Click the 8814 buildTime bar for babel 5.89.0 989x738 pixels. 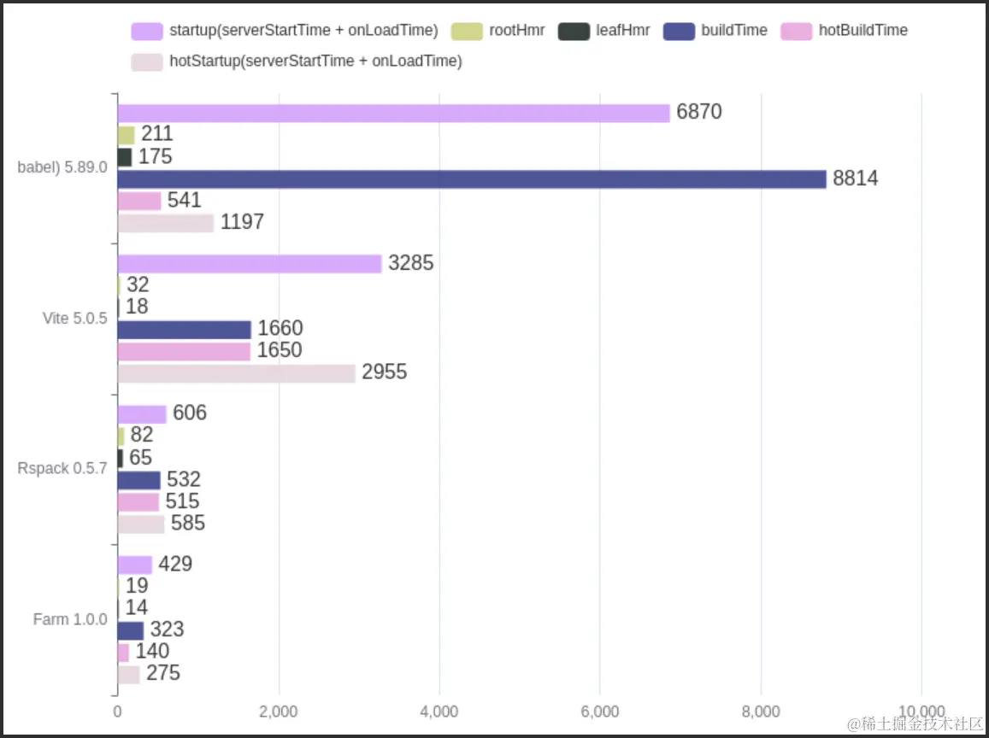pos(471,179)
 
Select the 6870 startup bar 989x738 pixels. pos(393,113)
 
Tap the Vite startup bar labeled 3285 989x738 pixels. pos(249,264)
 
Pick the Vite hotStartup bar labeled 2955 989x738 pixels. pos(236,373)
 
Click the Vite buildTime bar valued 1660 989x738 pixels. pos(184,330)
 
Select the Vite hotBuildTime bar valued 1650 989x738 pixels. pos(184,351)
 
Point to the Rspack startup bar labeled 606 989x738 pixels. pos(142,414)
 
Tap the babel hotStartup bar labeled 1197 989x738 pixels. pos(165,223)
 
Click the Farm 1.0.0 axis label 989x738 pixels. pos(70,619)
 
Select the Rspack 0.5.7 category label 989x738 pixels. pos(62,469)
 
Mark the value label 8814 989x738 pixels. pos(856,179)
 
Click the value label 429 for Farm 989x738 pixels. pos(175,564)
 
